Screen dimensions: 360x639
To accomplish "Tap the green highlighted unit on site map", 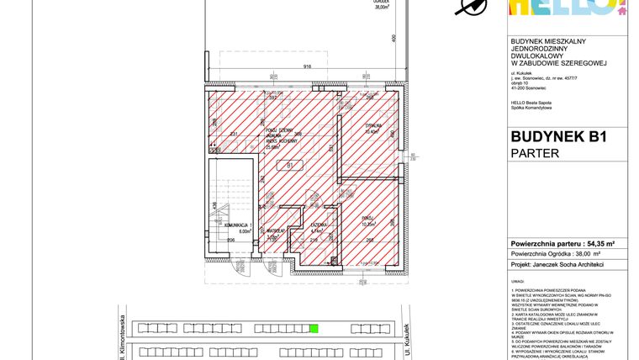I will point(314,329).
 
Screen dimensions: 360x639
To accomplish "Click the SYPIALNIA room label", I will point(372,129).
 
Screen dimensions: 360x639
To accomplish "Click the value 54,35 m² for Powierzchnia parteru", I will point(597,243).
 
